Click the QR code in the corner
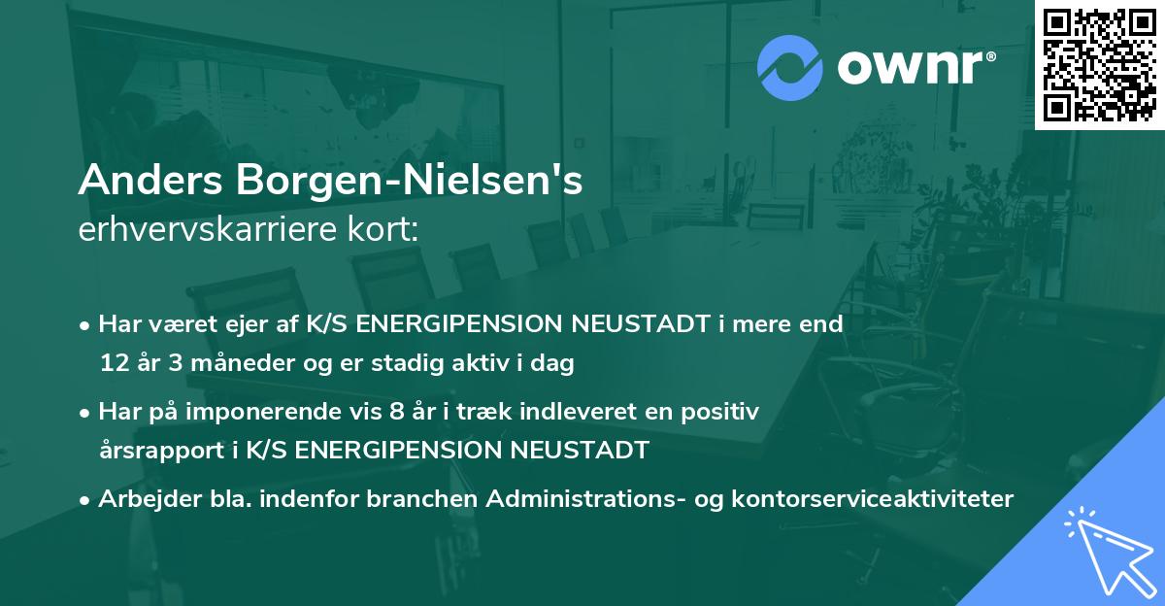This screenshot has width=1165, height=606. (1099, 64)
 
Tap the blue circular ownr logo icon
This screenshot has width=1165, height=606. (787, 67)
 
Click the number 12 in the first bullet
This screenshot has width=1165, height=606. (114, 364)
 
